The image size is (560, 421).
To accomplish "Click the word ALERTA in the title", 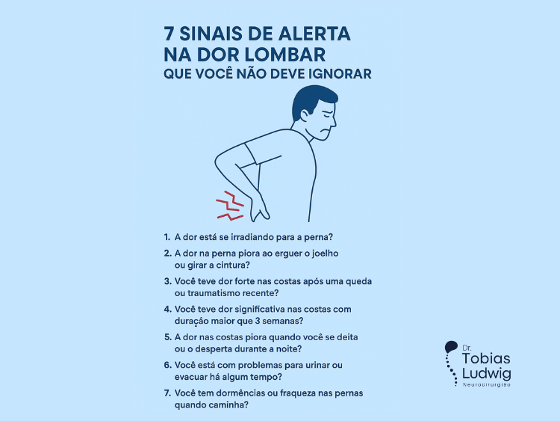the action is coord(314,34).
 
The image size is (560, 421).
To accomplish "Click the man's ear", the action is coord(305,115).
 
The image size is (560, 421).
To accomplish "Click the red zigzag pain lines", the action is coord(230,206).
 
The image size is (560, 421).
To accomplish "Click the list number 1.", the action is coord(167,237).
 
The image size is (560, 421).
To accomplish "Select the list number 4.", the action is coord(167,309).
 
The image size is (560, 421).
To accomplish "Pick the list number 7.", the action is coord(167,393).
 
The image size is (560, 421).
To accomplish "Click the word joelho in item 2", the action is coord(325,253).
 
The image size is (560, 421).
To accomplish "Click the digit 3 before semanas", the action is coord(258,322).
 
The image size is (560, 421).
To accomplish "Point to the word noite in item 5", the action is coord(288,348).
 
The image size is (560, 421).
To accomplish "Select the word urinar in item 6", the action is coord(317,365).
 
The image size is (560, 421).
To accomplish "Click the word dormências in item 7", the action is coord(237,393).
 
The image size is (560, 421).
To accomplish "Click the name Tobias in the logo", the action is coord(486,358).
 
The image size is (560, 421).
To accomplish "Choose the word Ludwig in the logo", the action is coord(486,373).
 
